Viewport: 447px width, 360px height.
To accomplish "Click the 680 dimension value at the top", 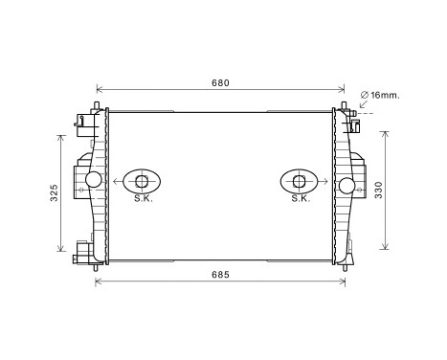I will (x=220, y=83).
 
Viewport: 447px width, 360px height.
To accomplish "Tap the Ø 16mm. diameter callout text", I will (x=382, y=94).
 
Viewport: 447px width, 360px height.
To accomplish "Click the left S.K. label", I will (x=142, y=199).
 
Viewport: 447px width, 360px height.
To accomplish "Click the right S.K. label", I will (x=300, y=199).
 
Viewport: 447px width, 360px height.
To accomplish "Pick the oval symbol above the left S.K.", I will (x=142, y=181).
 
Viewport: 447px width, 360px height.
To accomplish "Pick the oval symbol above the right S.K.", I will (x=300, y=181).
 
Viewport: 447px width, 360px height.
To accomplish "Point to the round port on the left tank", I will (x=94, y=180).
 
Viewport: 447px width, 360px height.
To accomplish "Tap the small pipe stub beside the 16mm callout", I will (x=352, y=114).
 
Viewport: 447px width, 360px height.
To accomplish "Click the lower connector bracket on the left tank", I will (x=83, y=253).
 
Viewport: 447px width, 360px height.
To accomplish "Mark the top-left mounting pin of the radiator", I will (x=97, y=103).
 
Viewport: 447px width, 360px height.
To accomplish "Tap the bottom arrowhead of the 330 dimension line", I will (x=386, y=247).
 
